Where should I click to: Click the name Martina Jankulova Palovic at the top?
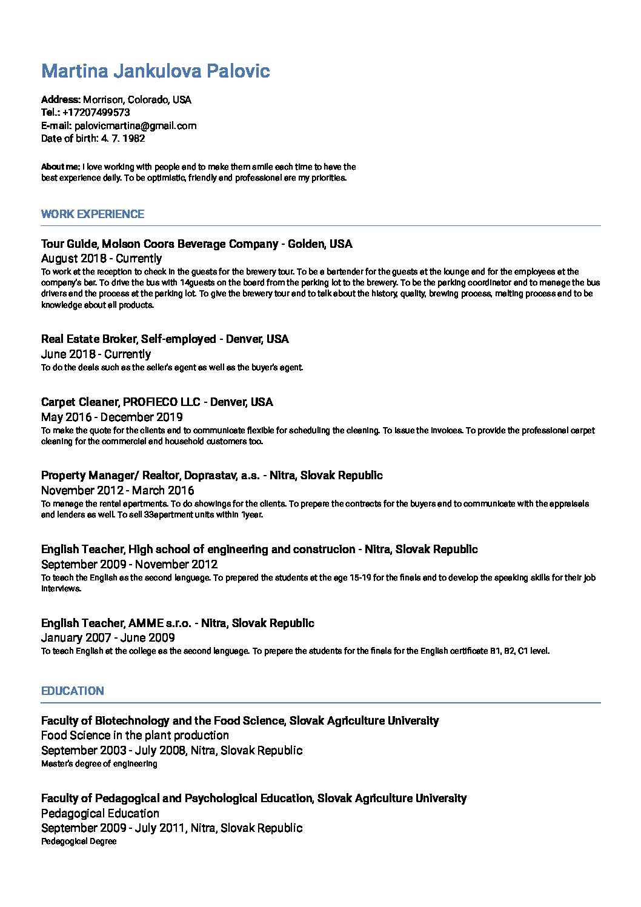pos(155,71)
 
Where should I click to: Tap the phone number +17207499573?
pos(96,113)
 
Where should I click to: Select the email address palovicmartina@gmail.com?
pos(135,126)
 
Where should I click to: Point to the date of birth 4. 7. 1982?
pos(123,139)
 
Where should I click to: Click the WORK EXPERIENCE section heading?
pos(92,214)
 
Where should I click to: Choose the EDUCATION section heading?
pos(72,691)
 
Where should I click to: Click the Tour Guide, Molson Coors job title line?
pos(196,244)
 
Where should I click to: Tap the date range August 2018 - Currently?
pos(101,259)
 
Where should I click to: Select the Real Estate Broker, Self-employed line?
pos(165,339)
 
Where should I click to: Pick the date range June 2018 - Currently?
pos(96,354)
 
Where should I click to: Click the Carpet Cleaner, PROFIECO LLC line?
pos(157,402)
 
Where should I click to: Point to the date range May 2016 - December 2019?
pos(111,417)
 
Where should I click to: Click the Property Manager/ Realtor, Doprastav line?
pos(211,475)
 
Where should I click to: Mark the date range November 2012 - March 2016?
pos(118,490)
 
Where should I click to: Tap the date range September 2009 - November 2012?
pos(129,564)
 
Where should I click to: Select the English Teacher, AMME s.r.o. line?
pos(178,623)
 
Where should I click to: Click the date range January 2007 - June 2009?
pos(108,637)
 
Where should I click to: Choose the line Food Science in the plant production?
pos(135,736)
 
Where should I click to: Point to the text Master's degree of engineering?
pos(99,764)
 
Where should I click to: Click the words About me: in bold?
pos(60,167)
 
